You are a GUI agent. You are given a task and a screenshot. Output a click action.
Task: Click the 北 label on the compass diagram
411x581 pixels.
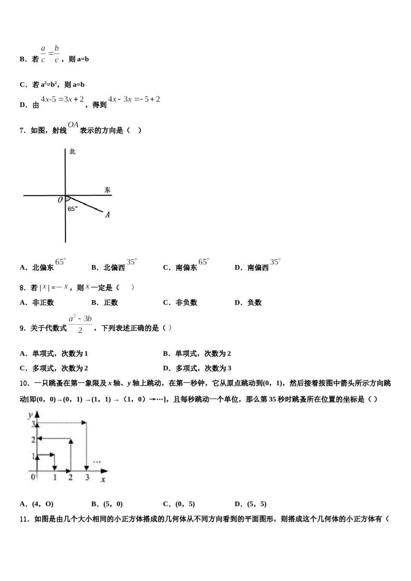coord(72,152)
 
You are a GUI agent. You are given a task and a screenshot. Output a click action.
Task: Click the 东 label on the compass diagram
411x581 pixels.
coord(107,190)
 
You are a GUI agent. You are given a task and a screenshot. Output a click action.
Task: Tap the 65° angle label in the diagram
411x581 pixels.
coord(73,209)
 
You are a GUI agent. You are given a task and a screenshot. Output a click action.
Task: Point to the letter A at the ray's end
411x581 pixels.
coord(107,214)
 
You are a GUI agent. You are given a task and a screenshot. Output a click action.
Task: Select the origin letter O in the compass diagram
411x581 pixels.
coord(60,200)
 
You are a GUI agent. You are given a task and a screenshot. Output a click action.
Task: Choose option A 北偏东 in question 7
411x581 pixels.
coord(43,267)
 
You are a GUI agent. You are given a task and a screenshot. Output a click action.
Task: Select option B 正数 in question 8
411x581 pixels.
coord(105,303)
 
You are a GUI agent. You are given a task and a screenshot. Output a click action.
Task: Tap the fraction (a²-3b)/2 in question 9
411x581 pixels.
coord(80,324)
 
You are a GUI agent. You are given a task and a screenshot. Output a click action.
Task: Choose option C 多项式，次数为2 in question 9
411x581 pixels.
coord(54,368)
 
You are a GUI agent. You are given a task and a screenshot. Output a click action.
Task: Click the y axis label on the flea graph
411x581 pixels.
coord(30,415)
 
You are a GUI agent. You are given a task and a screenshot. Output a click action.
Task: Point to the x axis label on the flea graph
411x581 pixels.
coord(103,479)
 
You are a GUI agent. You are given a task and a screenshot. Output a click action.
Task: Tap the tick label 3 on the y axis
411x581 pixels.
coord(32,424)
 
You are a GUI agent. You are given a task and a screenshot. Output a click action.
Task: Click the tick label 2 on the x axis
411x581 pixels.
coord(70,478)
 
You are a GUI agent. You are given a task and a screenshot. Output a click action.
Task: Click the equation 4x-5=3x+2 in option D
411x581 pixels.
coord(62,99)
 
